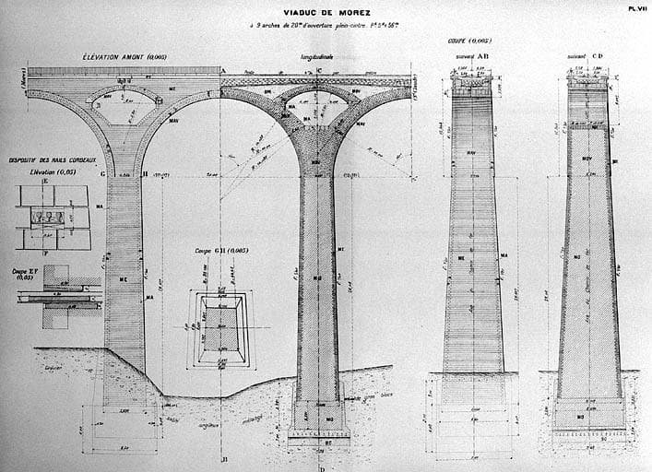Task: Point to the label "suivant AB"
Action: pos(472,55)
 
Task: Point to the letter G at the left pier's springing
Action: pos(102,173)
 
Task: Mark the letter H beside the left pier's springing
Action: pos(146,173)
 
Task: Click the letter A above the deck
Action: pos(222,69)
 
